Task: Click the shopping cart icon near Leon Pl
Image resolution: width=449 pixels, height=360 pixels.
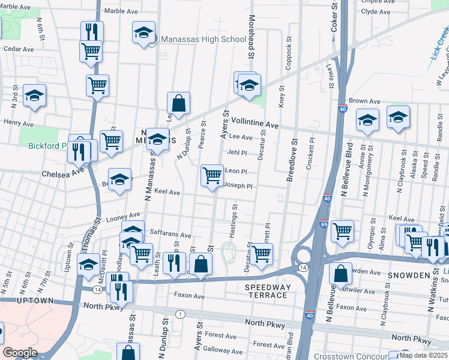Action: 212,175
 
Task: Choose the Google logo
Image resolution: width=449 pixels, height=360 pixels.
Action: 20,353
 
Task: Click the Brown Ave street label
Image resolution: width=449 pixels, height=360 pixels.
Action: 365,101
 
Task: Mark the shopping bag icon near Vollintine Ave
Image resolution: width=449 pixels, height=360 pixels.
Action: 178,103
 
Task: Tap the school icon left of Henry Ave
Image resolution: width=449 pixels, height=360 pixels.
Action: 35,95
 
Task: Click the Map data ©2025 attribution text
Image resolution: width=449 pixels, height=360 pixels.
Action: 424,355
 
